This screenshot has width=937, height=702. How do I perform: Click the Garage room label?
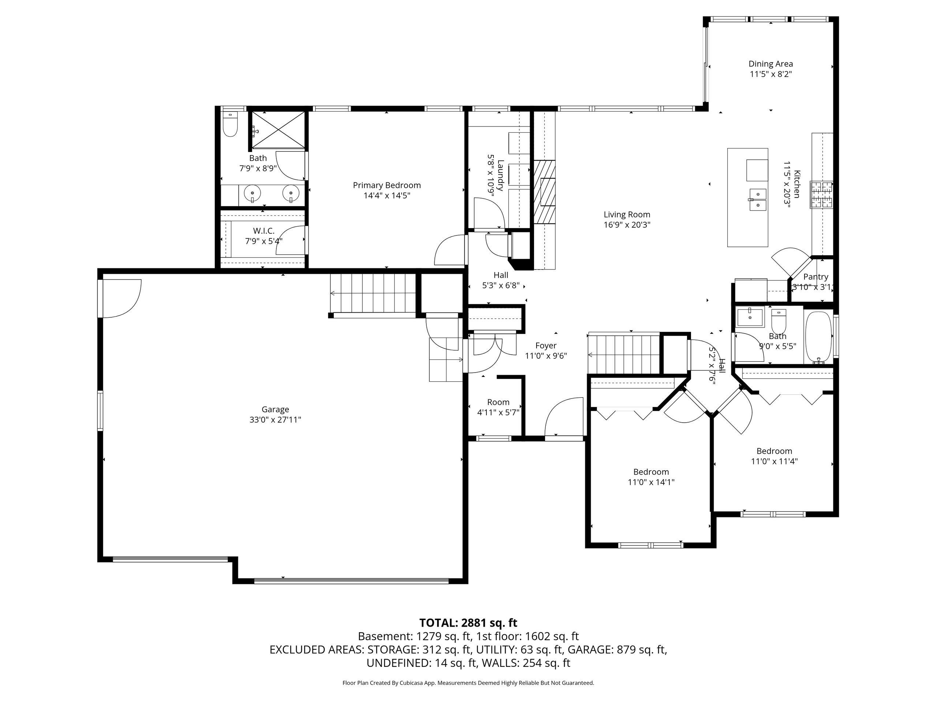point(275,409)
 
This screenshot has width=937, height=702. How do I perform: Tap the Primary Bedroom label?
point(387,185)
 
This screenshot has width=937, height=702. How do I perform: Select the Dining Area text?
point(770,64)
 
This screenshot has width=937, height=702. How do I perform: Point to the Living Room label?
point(627,215)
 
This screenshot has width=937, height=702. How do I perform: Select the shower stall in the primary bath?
point(277,130)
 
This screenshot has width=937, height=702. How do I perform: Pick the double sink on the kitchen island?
point(757,200)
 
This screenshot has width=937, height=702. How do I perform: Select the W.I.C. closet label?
point(264,231)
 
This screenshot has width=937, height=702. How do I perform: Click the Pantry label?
point(816,277)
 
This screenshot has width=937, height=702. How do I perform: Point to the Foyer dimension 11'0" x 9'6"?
point(546,356)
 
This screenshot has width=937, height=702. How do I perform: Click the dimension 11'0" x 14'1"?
point(651,482)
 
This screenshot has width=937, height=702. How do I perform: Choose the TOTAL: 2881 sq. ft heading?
point(468,623)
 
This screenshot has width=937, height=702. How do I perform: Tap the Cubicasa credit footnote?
point(468,683)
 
